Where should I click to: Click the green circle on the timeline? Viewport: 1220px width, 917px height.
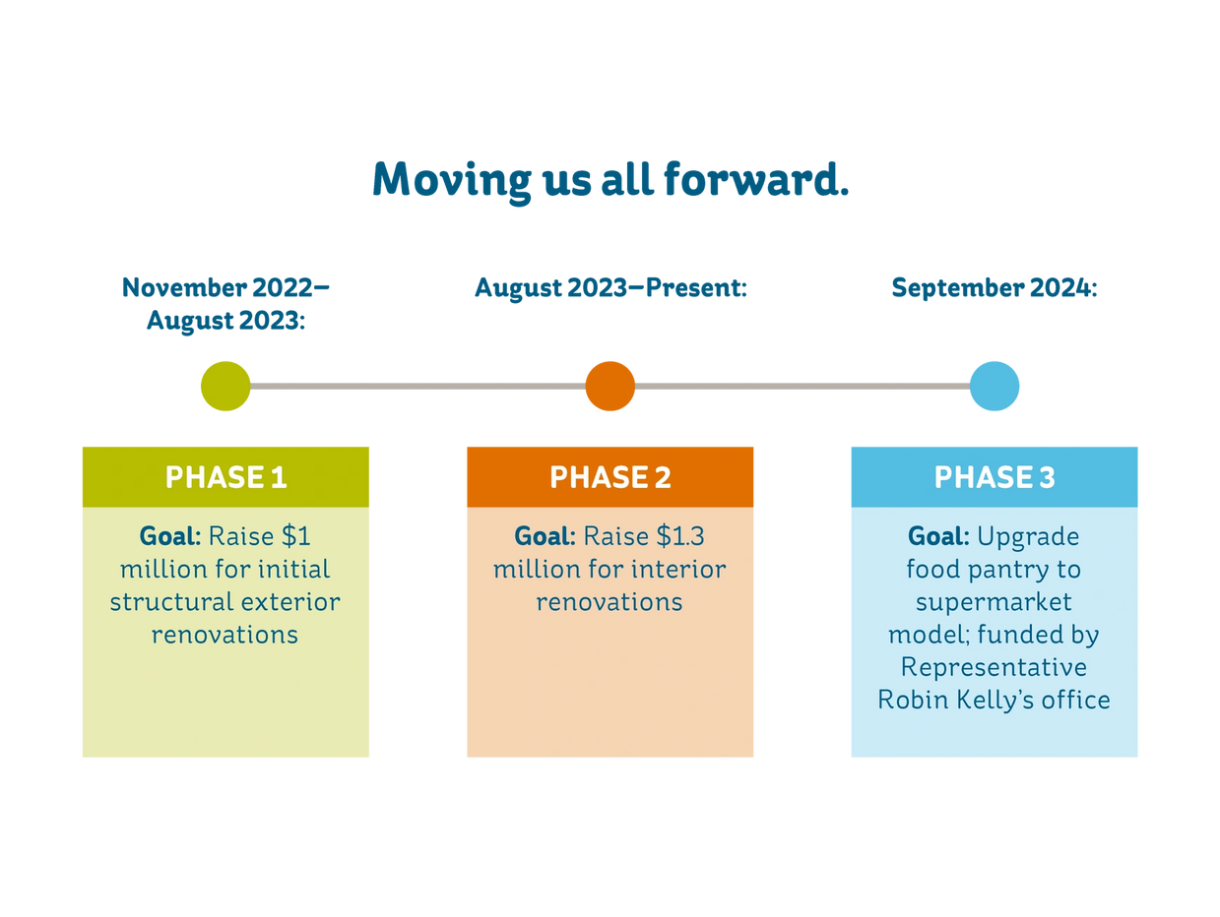(225, 386)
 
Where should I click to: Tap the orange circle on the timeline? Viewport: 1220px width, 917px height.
(610, 386)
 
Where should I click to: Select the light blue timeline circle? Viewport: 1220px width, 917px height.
(995, 386)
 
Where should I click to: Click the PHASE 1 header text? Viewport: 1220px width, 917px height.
(225, 477)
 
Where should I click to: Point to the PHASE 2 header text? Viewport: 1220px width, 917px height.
(610, 477)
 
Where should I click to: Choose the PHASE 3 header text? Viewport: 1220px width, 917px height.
(995, 477)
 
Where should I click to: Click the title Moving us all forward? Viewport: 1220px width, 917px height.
(610, 180)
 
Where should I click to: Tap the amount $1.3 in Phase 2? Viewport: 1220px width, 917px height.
(680, 537)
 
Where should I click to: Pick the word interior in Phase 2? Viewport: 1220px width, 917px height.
(678, 570)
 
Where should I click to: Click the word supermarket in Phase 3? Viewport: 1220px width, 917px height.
(994, 602)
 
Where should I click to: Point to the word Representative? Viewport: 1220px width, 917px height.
(994, 667)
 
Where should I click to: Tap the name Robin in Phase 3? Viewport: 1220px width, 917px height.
(911, 700)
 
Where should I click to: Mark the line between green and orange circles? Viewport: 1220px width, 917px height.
(418, 387)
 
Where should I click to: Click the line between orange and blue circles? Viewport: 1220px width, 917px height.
(803, 387)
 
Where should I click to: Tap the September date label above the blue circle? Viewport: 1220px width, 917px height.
(995, 288)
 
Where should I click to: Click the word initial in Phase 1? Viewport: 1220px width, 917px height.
(292, 570)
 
